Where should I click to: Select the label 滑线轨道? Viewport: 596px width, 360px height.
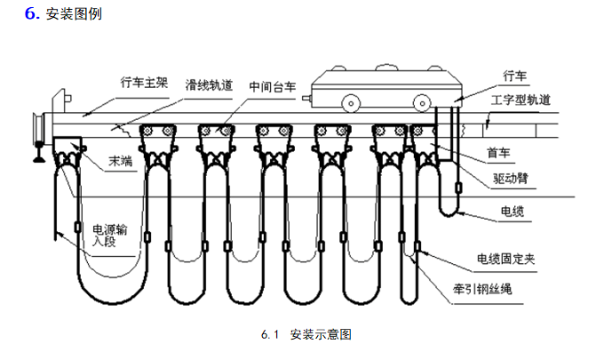pos(210,85)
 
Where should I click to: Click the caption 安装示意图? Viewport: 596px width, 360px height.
pos(322,335)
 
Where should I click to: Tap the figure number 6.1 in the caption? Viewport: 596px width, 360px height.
pos(271,335)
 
